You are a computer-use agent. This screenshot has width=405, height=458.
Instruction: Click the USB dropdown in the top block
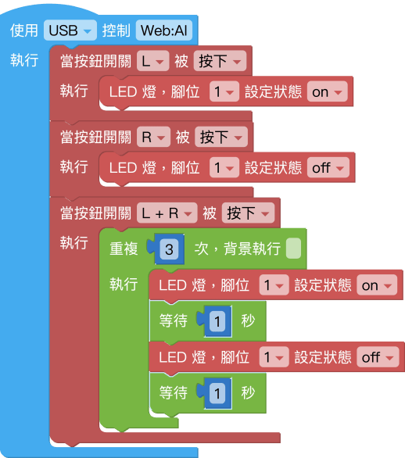point(70,30)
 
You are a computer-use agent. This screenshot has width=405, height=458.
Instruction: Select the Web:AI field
point(164,30)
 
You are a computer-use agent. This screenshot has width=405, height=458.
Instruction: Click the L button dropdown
point(152,61)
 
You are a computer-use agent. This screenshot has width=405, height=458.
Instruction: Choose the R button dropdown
point(154,137)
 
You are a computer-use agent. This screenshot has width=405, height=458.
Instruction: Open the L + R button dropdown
point(167,213)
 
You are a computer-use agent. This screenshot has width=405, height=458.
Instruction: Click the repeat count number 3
point(169,249)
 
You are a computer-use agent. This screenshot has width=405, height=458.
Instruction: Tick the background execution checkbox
point(294,249)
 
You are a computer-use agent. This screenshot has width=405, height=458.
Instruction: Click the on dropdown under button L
point(328,91)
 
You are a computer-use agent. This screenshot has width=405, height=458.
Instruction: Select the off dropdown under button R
point(328,167)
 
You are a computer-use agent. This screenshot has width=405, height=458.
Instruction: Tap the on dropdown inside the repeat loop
point(377,285)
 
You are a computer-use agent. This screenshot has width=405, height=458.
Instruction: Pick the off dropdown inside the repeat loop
point(378,357)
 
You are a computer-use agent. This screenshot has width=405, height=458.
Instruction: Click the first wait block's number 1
point(217,321)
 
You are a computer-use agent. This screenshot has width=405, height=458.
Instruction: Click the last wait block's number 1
point(217,393)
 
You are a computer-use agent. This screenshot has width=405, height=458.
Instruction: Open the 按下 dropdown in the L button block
point(220,61)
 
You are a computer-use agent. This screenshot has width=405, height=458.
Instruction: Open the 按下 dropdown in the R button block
point(221,137)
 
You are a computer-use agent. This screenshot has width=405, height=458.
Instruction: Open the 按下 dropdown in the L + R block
point(249,213)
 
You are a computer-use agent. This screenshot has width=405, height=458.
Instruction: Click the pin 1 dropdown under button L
point(224,91)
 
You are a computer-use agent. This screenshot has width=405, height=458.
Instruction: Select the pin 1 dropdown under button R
point(224,167)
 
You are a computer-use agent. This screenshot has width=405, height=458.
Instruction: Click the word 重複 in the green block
point(124,249)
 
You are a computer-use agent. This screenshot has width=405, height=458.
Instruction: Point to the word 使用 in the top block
point(24,30)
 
